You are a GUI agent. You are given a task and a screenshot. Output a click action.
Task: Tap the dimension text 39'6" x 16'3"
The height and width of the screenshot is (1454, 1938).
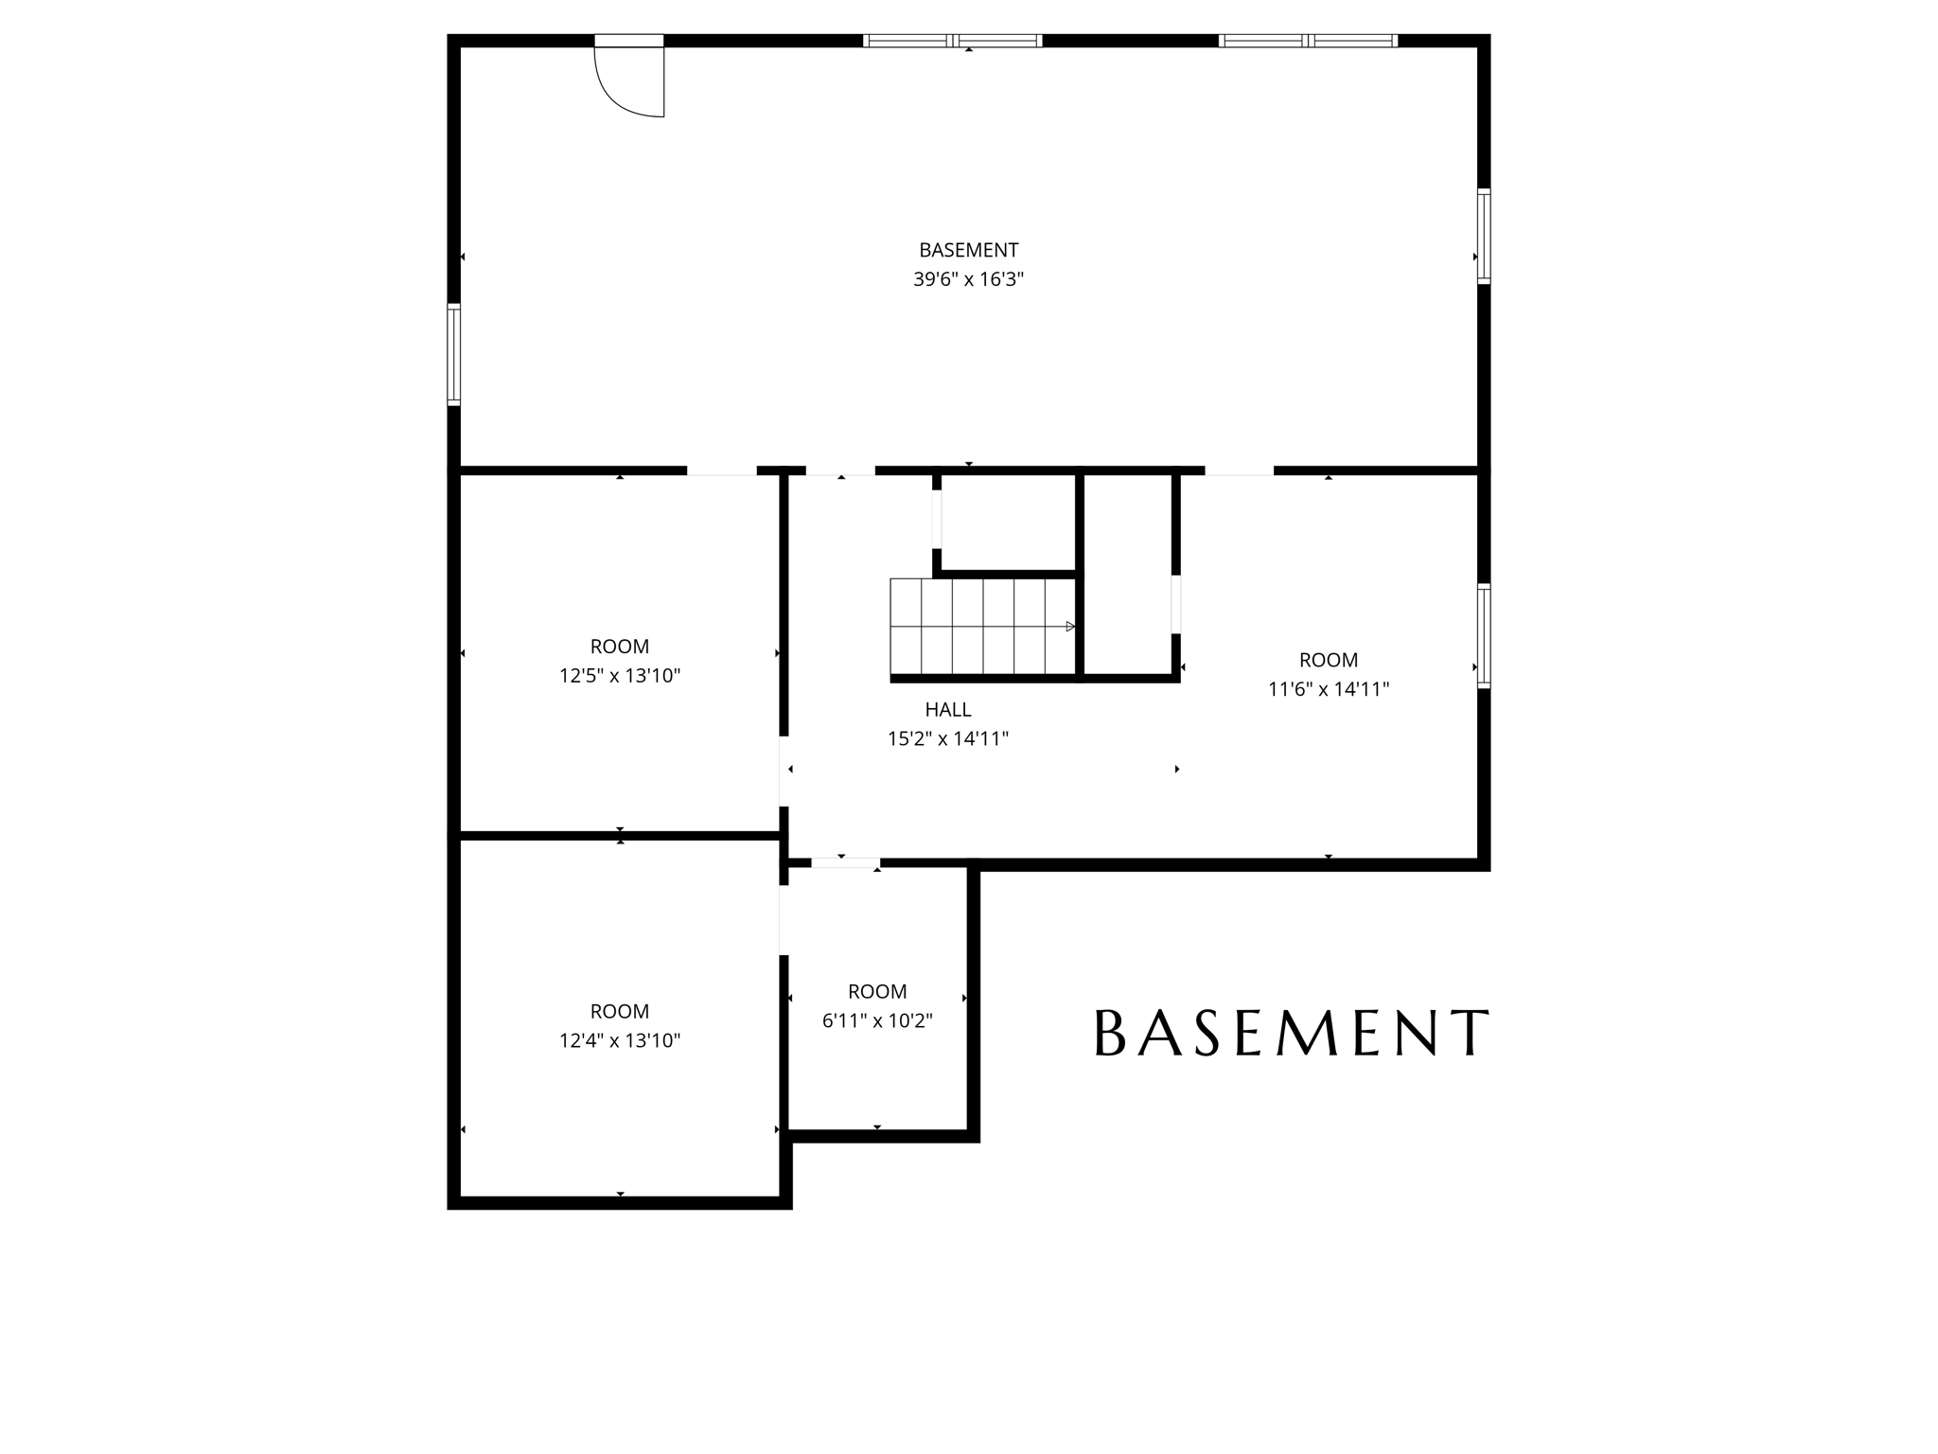[x=968, y=279]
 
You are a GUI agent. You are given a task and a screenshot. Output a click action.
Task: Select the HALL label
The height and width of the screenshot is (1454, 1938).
[x=947, y=709]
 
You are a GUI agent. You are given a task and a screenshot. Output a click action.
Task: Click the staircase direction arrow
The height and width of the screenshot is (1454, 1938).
[x=1070, y=627]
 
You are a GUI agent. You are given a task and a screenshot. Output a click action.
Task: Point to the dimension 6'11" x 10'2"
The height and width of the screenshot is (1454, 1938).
[x=877, y=1020]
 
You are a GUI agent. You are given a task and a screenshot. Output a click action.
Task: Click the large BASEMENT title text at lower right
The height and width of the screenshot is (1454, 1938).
[x=1292, y=1033]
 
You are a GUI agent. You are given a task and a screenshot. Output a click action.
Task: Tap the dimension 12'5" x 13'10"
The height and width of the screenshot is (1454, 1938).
[x=620, y=676]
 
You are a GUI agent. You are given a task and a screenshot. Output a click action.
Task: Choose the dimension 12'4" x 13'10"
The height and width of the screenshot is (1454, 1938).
[x=620, y=1040]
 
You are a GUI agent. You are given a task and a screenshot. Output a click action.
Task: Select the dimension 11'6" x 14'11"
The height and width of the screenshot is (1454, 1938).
[x=1328, y=689]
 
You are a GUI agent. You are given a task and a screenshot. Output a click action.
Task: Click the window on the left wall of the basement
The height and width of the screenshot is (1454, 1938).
[x=454, y=354]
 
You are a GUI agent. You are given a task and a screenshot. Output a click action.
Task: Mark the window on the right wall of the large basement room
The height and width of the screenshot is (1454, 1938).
[x=1484, y=236]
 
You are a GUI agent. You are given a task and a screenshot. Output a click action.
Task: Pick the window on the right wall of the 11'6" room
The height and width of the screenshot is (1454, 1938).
[x=1484, y=635]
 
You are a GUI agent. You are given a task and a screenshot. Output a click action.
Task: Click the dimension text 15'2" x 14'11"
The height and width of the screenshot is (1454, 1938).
[x=947, y=738]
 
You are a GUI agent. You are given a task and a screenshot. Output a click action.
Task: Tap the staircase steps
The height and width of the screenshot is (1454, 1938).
[x=979, y=627]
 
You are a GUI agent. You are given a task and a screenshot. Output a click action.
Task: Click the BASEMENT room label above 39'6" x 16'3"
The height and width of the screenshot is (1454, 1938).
[x=968, y=250]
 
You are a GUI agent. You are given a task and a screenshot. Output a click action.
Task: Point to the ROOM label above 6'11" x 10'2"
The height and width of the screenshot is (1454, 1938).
[x=877, y=991]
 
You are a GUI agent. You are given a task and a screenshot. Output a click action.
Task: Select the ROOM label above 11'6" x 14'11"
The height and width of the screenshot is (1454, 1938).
[x=1328, y=660]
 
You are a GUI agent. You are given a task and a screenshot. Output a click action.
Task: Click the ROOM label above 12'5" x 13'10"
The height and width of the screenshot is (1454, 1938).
[x=620, y=647]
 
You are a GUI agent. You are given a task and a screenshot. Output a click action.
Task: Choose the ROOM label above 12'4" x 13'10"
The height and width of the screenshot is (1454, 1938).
[x=620, y=1011]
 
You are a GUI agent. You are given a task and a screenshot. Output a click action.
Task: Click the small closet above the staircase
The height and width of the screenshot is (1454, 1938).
[x=1008, y=523]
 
